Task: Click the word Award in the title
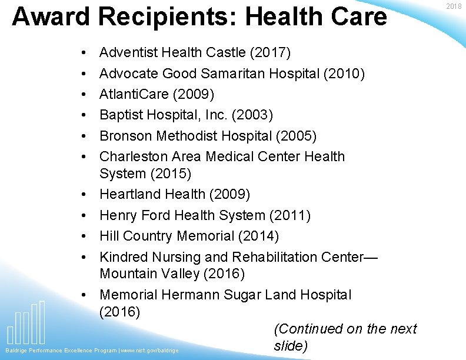click(x=50, y=16)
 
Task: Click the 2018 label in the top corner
click(x=454, y=6)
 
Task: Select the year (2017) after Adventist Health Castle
click(x=270, y=53)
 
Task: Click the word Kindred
click(x=124, y=257)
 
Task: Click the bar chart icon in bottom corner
click(x=27, y=324)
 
